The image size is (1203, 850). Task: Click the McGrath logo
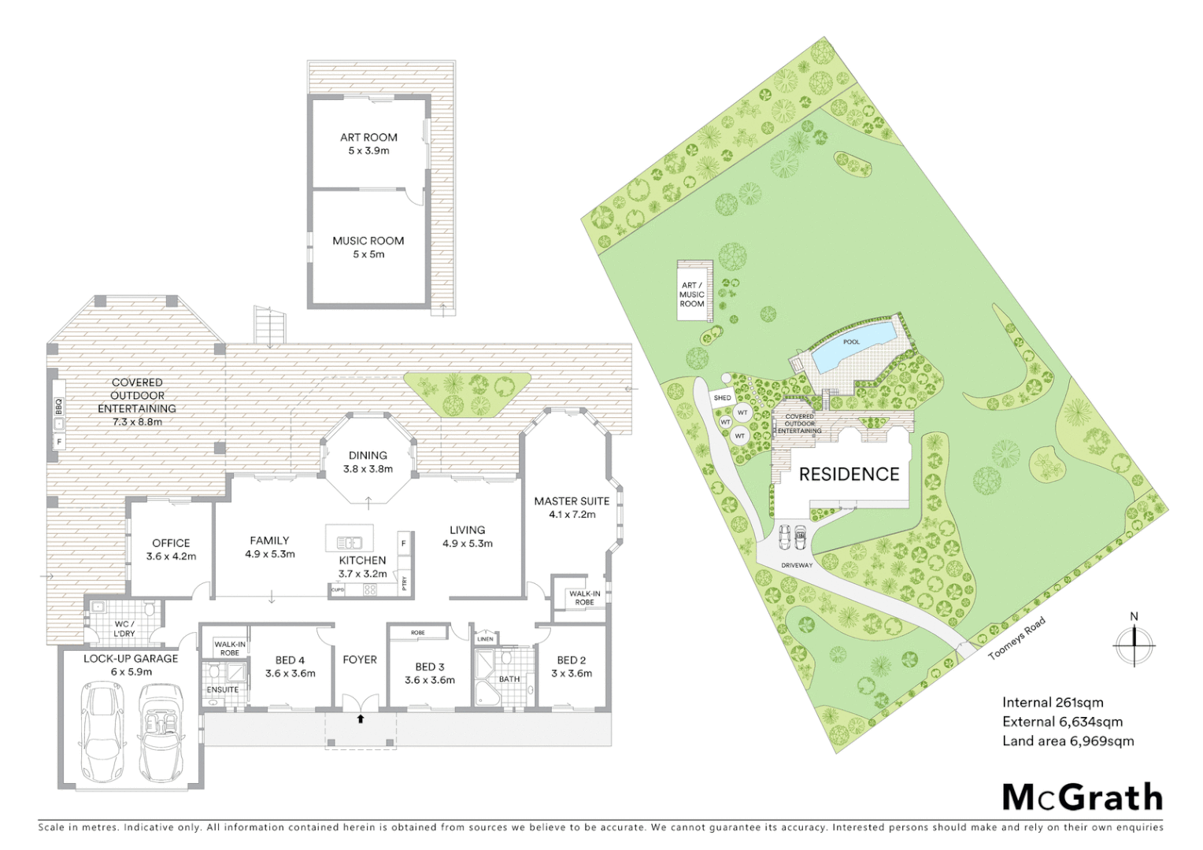pyautogui.click(x=1082, y=797)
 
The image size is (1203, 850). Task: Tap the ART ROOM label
pyautogui.click(x=368, y=138)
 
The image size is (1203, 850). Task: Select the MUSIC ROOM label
pyautogui.click(x=368, y=241)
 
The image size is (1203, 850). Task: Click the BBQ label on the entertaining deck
pyautogui.click(x=58, y=406)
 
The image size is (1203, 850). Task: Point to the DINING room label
pyautogui.click(x=368, y=456)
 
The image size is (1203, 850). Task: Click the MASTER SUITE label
pyautogui.click(x=572, y=501)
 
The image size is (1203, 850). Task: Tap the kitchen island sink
pyautogui.click(x=349, y=542)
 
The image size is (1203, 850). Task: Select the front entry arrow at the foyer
pyautogui.click(x=361, y=718)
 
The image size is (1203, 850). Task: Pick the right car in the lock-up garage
pyautogui.click(x=161, y=732)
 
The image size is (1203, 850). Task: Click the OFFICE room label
pyautogui.click(x=171, y=543)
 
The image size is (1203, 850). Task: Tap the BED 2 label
pyautogui.click(x=572, y=660)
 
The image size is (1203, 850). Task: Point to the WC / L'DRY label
pyautogui.click(x=124, y=629)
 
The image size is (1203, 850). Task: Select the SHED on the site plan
pyautogui.click(x=722, y=398)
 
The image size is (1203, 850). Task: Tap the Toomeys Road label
pyautogui.click(x=1016, y=638)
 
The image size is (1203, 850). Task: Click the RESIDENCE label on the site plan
pyautogui.click(x=849, y=474)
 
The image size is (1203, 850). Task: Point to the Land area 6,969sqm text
pyautogui.click(x=1068, y=741)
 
